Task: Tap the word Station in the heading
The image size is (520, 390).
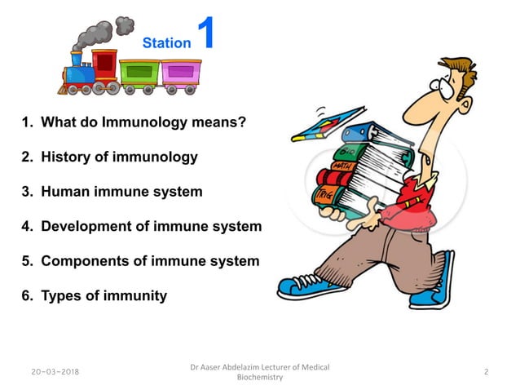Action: (166, 42)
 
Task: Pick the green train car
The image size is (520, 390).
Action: (139, 74)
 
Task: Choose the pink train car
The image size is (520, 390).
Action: (179, 74)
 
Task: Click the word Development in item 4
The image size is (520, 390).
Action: (85, 226)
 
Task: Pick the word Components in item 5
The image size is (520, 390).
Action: (84, 261)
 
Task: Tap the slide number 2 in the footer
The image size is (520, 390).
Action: (486, 372)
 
